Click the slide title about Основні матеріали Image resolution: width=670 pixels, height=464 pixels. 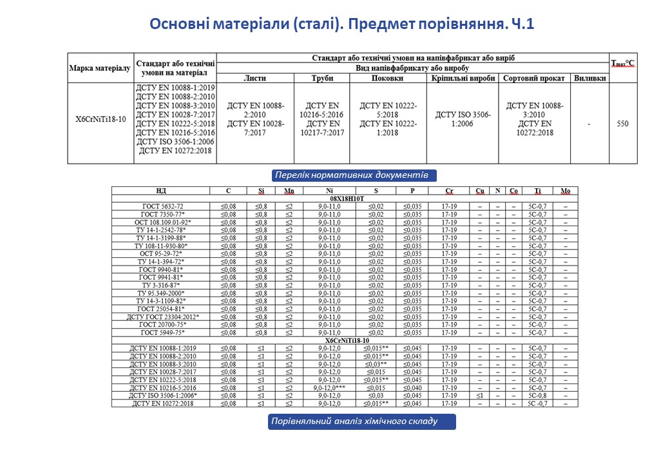(342, 24)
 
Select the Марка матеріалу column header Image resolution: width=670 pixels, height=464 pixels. (100, 67)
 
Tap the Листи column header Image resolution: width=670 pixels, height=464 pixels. (254, 78)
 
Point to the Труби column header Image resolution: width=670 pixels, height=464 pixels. (321, 78)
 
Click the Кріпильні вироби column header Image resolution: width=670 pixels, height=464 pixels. (463, 78)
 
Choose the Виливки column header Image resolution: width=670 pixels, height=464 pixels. (589, 78)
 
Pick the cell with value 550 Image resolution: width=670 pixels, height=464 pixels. (622, 124)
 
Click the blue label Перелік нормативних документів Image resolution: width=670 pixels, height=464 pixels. (351, 175)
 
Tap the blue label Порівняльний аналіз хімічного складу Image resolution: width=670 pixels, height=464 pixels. (362, 421)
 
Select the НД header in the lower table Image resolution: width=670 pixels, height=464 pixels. (160, 191)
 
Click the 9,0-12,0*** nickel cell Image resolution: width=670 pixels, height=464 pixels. (330, 388)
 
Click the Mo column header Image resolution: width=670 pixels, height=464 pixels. (565, 191)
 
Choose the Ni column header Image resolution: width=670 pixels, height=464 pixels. (329, 191)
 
